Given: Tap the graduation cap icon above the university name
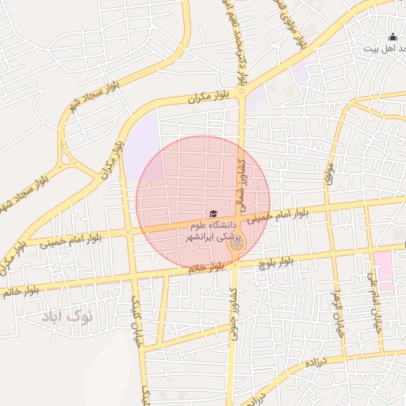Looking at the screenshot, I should tap(213, 213).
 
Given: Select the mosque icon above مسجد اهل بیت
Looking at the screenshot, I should tap(392, 36).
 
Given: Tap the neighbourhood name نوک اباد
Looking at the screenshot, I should tap(67, 316).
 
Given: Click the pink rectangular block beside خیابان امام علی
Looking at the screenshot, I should tap(385, 270).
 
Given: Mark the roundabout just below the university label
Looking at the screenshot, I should tap(236, 244).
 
